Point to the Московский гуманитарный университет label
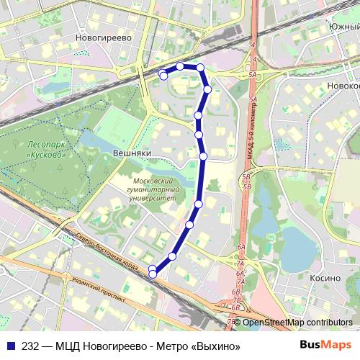(x=150, y=189)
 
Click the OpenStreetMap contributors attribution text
(x=297, y=323)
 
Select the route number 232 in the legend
(x=30, y=345)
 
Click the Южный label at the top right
(x=343, y=6)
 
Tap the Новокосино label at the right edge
(x=343, y=85)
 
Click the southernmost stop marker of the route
(x=153, y=274)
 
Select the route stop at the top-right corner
(x=201, y=68)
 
